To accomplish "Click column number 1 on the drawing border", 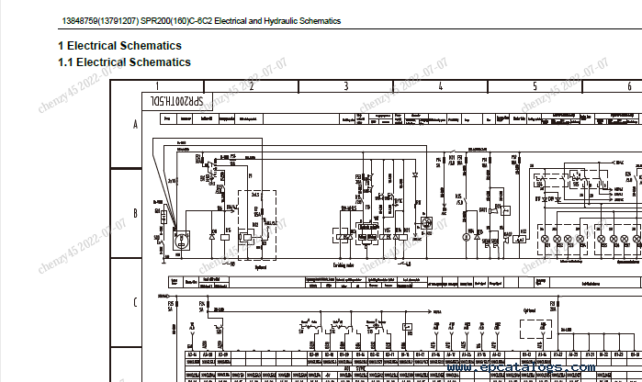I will [156, 86].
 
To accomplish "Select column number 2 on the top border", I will [251, 86].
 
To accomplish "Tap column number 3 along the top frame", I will [345, 86].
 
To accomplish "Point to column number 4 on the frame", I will [440, 86].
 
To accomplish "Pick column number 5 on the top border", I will [535, 86].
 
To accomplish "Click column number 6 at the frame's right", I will [628, 86].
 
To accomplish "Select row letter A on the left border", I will [135, 123].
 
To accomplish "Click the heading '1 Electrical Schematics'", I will [119, 46].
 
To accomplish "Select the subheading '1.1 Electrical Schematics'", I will [124, 62].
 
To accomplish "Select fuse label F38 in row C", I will [552, 329].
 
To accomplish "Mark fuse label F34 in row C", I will [201, 329].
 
